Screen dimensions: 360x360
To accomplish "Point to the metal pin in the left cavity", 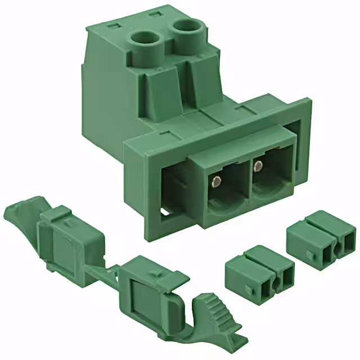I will click(216, 182).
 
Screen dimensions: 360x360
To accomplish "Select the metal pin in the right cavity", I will click(258, 166).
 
